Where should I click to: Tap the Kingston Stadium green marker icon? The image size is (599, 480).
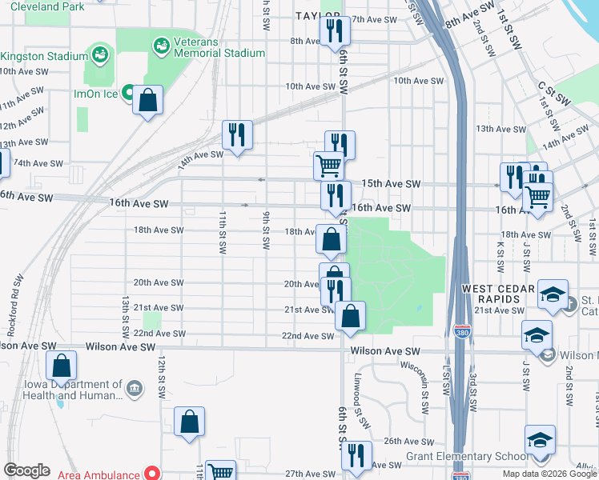point(99,55)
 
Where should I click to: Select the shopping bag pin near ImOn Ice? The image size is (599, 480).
point(148,102)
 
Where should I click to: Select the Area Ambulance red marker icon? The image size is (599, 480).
point(149,474)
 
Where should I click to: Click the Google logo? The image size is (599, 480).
point(26,470)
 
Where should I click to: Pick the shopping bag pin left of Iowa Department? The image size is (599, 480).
point(62,367)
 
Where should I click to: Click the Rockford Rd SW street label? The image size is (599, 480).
point(17,290)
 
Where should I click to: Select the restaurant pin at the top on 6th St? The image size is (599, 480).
point(333,32)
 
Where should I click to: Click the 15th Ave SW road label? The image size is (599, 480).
point(391,184)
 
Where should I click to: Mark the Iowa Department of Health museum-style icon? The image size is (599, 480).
point(134,390)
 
